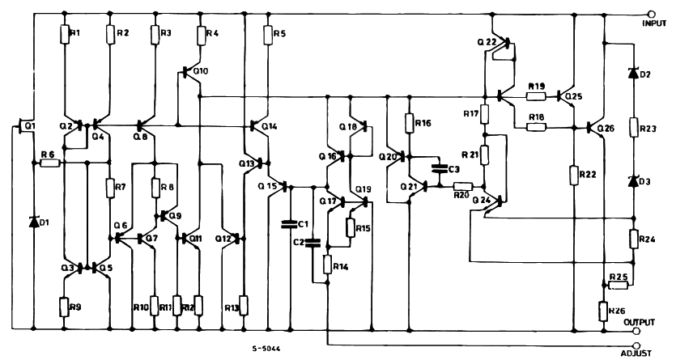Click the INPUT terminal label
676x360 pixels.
tap(654, 24)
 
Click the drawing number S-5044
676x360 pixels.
tap(268, 349)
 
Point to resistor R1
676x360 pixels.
tap(65, 34)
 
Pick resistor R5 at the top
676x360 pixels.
tap(267, 34)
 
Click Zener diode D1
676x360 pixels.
tap(33, 221)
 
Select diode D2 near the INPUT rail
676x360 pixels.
tap(633, 74)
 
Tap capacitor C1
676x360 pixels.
tap(288, 223)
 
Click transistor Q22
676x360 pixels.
tap(502, 44)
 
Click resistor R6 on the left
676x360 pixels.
tap(49, 163)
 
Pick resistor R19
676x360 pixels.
tap(535, 95)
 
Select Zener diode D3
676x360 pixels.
tap(633, 182)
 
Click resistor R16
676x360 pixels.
tap(409, 124)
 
